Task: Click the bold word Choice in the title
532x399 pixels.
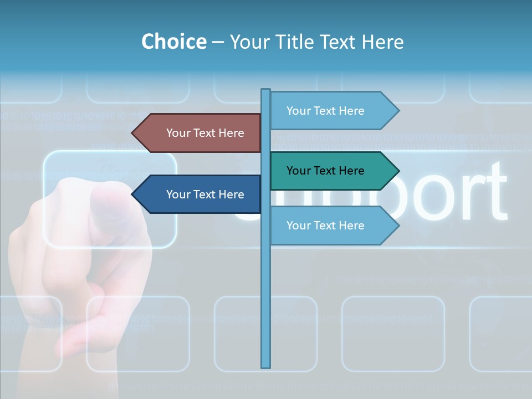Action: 173,42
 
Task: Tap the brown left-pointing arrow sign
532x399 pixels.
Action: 199,133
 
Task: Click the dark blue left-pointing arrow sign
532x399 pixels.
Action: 199,194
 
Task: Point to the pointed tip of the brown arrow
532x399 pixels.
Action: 134,133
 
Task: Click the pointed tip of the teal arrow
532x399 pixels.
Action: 397,171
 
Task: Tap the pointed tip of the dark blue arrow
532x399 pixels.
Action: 134,194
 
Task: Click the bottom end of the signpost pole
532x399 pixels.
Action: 266,366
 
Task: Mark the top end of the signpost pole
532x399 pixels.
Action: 266,90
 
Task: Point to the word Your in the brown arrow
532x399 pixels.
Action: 178,133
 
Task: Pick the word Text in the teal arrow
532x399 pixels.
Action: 325,171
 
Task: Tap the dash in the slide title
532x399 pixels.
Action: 218,42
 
